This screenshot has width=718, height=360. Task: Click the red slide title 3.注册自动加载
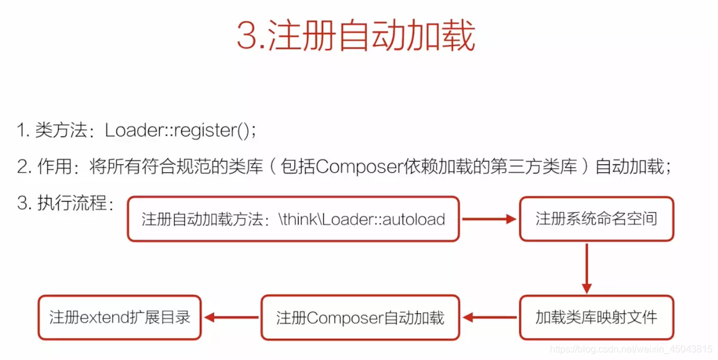pyautogui.click(x=356, y=35)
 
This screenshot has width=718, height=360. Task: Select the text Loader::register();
pyautogui.click(x=181, y=131)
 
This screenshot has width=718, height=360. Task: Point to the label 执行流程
pyautogui.click(x=72, y=203)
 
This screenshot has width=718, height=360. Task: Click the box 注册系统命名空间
pyautogui.click(x=597, y=219)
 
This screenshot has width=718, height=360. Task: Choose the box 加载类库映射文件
pyautogui.click(x=597, y=318)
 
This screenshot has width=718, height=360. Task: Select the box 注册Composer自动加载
pyautogui.click(x=360, y=318)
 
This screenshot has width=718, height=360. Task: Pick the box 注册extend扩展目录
pyautogui.click(x=120, y=318)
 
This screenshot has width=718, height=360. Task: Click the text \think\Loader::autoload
pyautogui.click(x=362, y=219)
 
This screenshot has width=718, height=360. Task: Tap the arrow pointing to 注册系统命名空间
pyautogui.click(x=489, y=219)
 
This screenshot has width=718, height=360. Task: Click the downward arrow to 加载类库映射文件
pyautogui.click(x=587, y=269)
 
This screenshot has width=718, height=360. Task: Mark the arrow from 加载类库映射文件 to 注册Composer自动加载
pyautogui.click(x=490, y=318)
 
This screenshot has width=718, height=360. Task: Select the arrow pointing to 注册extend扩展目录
pyautogui.click(x=232, y=318)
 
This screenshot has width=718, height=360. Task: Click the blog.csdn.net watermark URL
pyautogui.click(x=631, y=349)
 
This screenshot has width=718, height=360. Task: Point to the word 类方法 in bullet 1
pyautogui.click(x=61, y=130)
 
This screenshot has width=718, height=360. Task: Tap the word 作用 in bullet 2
pyautogui.click(x=54, y=167)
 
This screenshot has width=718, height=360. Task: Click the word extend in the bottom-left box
pyautogui.click(x=105, y=318)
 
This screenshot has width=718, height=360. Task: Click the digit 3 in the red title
pyautogui.click(x=247, y=35)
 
